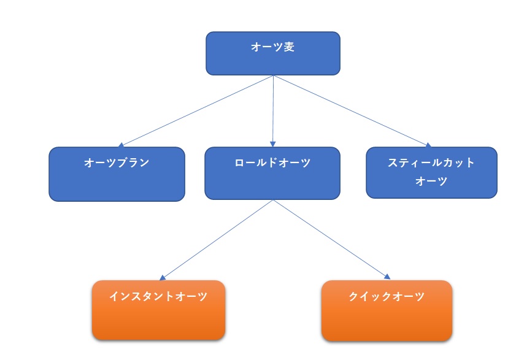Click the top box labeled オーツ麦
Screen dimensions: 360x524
click(272, 53)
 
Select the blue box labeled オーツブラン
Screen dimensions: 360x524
click(117, 174)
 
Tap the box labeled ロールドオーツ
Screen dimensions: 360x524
click(272, 173)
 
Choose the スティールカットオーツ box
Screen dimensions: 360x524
click(431, 172)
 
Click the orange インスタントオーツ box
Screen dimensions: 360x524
click(158, 310)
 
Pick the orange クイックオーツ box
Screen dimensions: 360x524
click(387, 310)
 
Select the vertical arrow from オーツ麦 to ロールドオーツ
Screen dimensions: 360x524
click(272, 110)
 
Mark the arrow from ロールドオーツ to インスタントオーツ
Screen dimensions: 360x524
click(216, 240)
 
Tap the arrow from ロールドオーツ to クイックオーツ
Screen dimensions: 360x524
click(331, 239)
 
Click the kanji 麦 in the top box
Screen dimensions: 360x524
click(289, 47)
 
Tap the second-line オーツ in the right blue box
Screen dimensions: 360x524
click(431, 182)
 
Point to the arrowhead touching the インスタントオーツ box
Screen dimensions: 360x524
click(162, 278)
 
